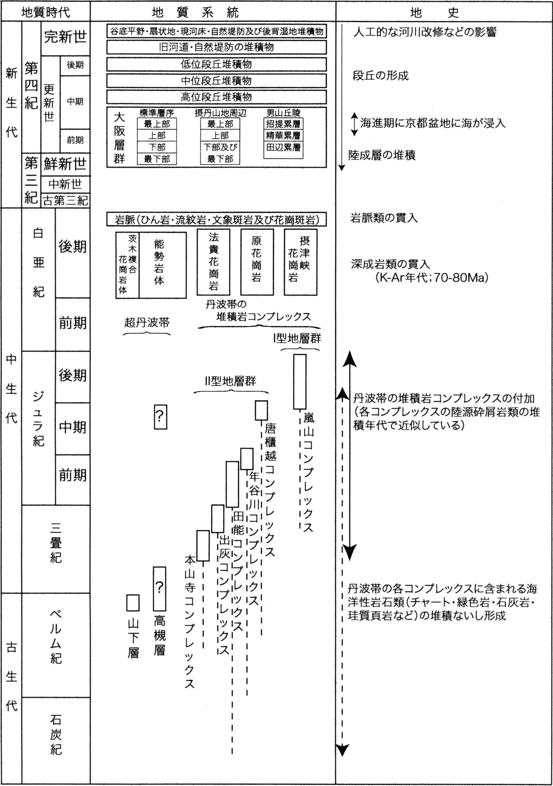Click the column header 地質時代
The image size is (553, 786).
pyautogui.click(x=46, y=12)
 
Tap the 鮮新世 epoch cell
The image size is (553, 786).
pyautogui.click(x=65, y=164)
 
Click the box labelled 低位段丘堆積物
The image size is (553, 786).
pyautogui.click(x=216, y=64)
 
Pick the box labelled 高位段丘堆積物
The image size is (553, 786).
pyautogui.click(x=216, y=97)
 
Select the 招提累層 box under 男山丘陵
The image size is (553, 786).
pyautogui.click(x=283, y=124)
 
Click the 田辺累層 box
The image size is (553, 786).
pyautogui.click(x=283, y=148)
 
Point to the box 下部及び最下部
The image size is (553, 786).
pyautogui.click(x=220, y=153)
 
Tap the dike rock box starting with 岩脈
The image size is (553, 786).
pyautogui.click(x=216, y=219)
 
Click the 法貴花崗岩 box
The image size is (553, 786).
pyautogui.click(x=213, y=262)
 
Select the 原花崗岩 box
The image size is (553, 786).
pyautogui.click(x=257, y=262)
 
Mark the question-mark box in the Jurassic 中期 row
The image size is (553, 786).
pyautogui.click(x=160, y=417)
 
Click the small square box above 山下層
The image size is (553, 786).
pyautogui.click(x=133, y=603)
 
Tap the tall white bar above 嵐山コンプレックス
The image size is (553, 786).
pyautogui.click(x=300, y=382)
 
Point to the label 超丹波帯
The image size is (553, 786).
pyautogui.click(x=147, y=322)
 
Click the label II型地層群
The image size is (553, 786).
pyautogui.click(x=230, y=381)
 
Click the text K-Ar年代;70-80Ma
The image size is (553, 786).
pyautogui.click(x=432, y=277)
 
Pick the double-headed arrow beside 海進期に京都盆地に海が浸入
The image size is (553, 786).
pyautogui.click(x=354, y=124)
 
